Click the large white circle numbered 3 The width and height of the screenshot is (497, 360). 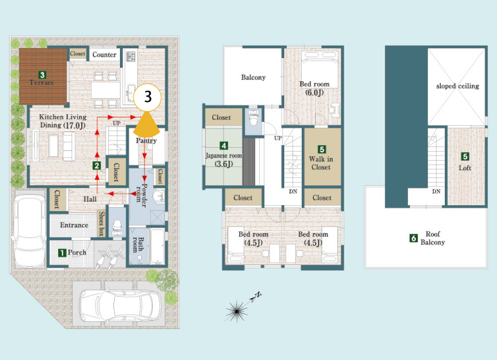click(x=148, y=97)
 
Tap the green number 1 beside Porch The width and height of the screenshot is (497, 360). click(x=62, y=252)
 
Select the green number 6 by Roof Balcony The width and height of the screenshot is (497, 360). click(x=413, y=238)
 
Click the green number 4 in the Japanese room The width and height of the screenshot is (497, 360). click(x=224, y=146)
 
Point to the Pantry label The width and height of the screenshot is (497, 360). click(x=146, y=141)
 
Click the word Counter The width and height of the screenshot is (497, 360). click(x=104, y=55)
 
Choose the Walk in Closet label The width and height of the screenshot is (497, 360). click(x=321, y=163)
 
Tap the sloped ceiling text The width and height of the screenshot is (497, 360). click(x=458, y=86)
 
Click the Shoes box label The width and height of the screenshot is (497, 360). click(x=101, y=223)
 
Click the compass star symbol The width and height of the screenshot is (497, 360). click(x=237, y=312)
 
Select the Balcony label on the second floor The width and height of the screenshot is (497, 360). click(x=253, y=77)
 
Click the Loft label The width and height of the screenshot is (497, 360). click(x=465, y=168)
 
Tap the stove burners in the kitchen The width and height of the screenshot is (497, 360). click(x=132, y=57)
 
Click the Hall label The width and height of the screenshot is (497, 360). click(x=90, y=199)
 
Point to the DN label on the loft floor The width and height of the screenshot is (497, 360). click(x=436, y=192)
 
